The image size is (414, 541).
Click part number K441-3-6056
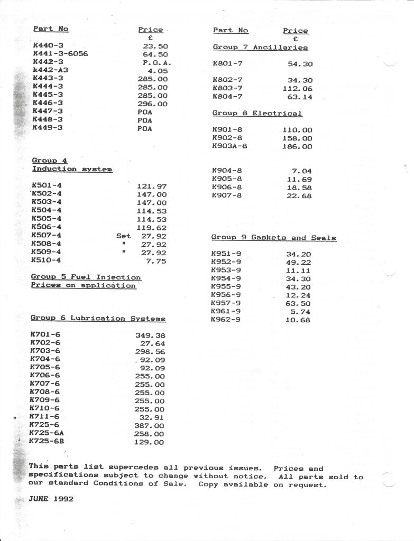coord(60,54)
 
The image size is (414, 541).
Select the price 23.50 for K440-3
coord(155,46)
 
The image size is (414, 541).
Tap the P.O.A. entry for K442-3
coord(155,62)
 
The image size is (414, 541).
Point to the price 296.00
coord(152,104)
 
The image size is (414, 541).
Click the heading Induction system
coord(72,169)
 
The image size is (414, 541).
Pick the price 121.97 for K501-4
coord(152,186)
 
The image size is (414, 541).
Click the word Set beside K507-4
coord(123,236)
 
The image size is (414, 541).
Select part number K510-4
coord(47,260)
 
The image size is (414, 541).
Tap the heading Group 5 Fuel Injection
coord(86,277)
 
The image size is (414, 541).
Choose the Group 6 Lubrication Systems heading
coord(98,319)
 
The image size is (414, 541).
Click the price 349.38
coord(150,335)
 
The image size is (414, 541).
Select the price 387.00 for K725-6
coord(149,425)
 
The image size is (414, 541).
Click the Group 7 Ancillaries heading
coord(260,48)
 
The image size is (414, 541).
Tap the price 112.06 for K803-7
coord(298,89)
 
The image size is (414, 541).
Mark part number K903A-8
coord(229,146)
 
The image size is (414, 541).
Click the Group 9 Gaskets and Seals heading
coord(273,238)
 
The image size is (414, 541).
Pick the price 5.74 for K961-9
coord(301,312)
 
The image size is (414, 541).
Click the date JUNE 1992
coord(51,498)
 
